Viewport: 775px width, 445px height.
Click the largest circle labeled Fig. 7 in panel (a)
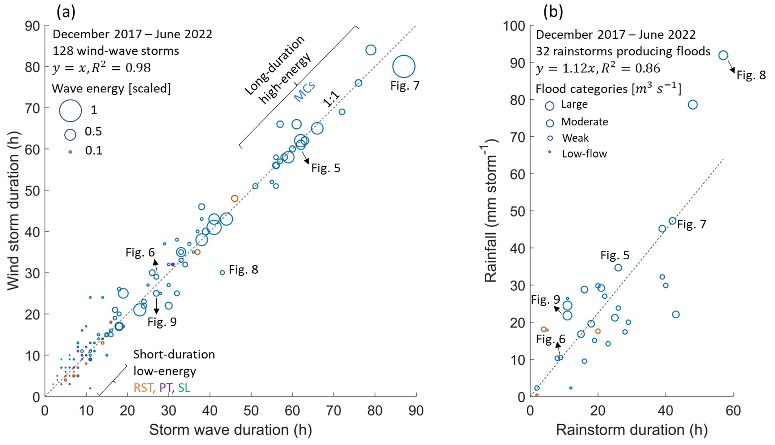(403, 66)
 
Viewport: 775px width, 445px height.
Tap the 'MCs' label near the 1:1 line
(304, 92)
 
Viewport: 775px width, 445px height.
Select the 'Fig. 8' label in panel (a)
(243, 270)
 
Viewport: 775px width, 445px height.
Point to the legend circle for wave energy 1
(70, 110)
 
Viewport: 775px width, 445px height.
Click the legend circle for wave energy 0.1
(70, 151)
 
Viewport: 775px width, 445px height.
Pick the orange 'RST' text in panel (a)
(143, 387)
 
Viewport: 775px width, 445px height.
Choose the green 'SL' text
(184, 387)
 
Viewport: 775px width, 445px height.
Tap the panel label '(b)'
(553, 12)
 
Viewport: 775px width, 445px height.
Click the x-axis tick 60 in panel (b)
(733, 410)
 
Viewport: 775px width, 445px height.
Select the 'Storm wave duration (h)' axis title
(230, 430)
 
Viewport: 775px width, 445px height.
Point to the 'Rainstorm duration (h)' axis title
(632, 430)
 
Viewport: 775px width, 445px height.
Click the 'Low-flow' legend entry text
(584, 153)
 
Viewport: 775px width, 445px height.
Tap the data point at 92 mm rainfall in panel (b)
(723, 55)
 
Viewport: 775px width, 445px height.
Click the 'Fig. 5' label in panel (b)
(615, 255)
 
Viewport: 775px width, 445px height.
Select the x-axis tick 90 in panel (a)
(416, 410)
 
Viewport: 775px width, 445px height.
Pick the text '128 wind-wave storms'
(116, 51)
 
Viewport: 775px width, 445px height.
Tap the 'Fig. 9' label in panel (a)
(162, 322)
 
